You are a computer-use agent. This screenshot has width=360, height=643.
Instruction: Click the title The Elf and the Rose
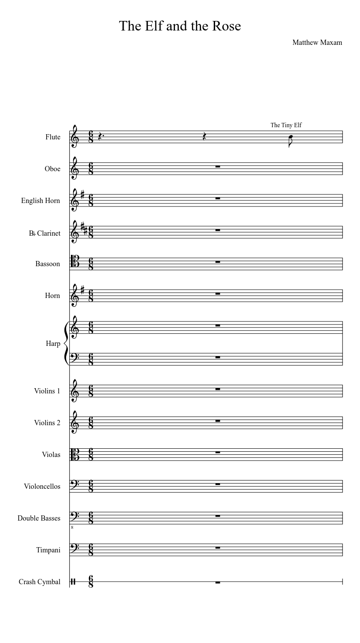tap(180, 26)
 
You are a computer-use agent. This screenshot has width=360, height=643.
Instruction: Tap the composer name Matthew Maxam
tap(317, 42)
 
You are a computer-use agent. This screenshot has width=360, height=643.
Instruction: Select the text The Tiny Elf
tap(286, 125)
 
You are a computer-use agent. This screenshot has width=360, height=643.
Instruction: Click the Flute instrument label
tap(53, 137)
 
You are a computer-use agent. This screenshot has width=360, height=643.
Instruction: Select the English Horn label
tap(40, 200)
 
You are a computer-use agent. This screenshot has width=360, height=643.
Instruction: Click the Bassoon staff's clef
tap(75, 264)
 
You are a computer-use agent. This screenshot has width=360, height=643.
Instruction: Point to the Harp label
tap(53, 343)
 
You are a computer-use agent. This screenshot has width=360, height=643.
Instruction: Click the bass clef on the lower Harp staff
tap(75, 358)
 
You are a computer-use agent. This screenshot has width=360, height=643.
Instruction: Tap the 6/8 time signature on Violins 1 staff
tap(91, 391)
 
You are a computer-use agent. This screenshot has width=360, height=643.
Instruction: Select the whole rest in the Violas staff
tap(218, 453)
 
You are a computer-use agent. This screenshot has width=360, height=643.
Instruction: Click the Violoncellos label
tap(42, 486)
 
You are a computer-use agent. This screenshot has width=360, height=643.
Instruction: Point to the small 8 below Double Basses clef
tap(72, 527)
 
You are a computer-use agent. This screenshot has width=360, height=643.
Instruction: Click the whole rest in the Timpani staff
tap(218, 548)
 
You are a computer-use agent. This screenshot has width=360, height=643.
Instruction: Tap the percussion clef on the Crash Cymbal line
tap(74, 582)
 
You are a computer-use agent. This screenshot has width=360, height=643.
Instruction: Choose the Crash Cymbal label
tap(39, 582)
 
